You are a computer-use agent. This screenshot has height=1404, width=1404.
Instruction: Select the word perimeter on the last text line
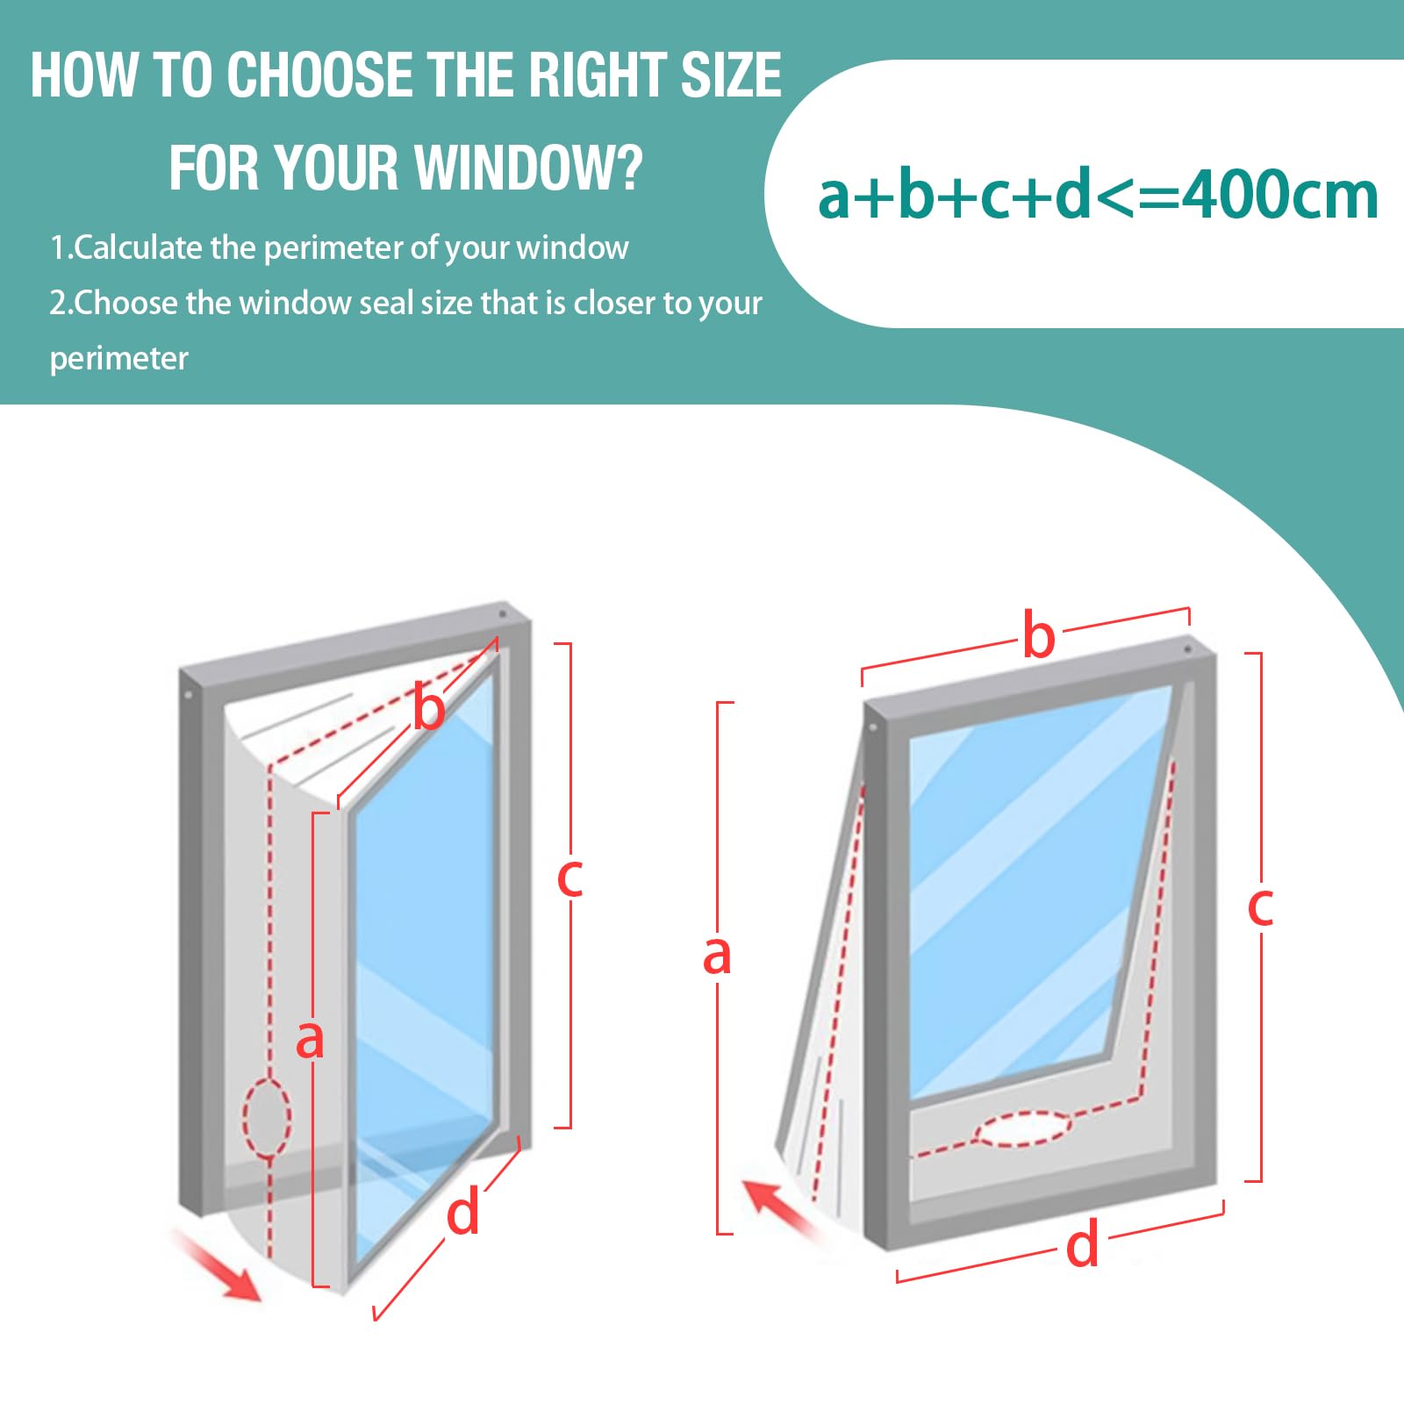tap(118, 359)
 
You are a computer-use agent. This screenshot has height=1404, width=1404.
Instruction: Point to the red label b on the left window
tap(429, 709)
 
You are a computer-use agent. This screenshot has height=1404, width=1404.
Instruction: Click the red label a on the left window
tap(310, 1040)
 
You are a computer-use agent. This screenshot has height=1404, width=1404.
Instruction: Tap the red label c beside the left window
tap(570, 877)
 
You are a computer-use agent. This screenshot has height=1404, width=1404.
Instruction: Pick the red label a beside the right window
tap(717, 956)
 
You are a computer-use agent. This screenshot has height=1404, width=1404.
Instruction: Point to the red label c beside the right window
tap(1260, 907)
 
